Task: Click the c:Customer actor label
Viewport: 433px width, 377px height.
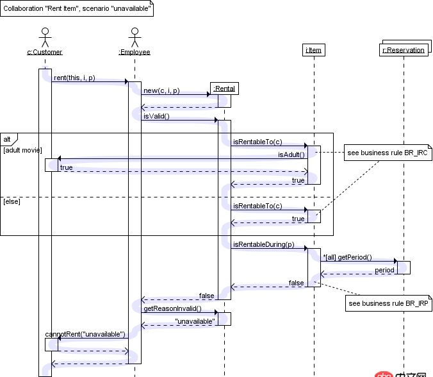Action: click(x=44, y=52)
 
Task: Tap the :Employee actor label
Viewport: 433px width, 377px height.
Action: click(x=134, y=52)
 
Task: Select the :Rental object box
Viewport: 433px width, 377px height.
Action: click(x=224, y=88)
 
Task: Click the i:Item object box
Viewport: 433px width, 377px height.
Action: click(x=314, y=49)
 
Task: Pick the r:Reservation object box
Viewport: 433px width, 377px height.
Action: click(x=404, y=49)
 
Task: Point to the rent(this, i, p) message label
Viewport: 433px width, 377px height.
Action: click(x=74, y=78)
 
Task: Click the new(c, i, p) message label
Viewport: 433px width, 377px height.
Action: click(x=161, y=90)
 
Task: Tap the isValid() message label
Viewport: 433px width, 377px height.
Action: click(x=156, y=116)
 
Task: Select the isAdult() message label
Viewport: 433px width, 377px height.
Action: click(x=291, y=155)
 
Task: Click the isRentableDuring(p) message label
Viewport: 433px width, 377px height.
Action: click(x=264, y=244)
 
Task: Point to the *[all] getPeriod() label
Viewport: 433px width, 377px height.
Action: click(x=347, y=257)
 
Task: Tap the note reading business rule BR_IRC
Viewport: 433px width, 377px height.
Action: click(x=388, y=154)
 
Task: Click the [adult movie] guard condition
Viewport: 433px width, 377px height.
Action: click(x=22, y=150)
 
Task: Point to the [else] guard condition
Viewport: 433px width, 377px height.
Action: click(x=12, y=201)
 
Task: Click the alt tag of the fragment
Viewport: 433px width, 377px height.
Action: click(x=8, y=138)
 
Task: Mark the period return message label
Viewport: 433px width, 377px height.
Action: click(x=384, y=270)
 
